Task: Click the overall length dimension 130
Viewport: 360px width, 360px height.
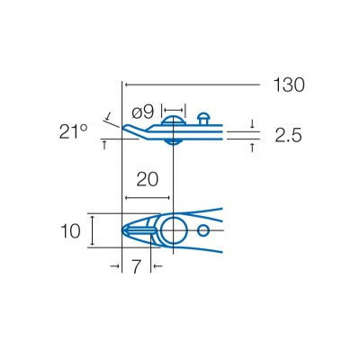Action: tap(288, 85)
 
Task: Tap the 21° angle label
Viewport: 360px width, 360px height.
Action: tap(74, 132)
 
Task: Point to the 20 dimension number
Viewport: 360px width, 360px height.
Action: tap(148, 179)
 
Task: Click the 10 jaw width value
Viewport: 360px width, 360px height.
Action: tap(71, 231)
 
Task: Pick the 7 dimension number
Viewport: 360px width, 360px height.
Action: tap(136, 267)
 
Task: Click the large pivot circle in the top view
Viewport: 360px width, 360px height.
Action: tap(173, 231)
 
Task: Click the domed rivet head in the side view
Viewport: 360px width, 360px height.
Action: tap(173, 122)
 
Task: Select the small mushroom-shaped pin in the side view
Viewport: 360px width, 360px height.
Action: tap(204, 117)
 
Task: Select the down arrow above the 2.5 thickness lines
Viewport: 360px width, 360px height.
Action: tap(252, 124)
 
